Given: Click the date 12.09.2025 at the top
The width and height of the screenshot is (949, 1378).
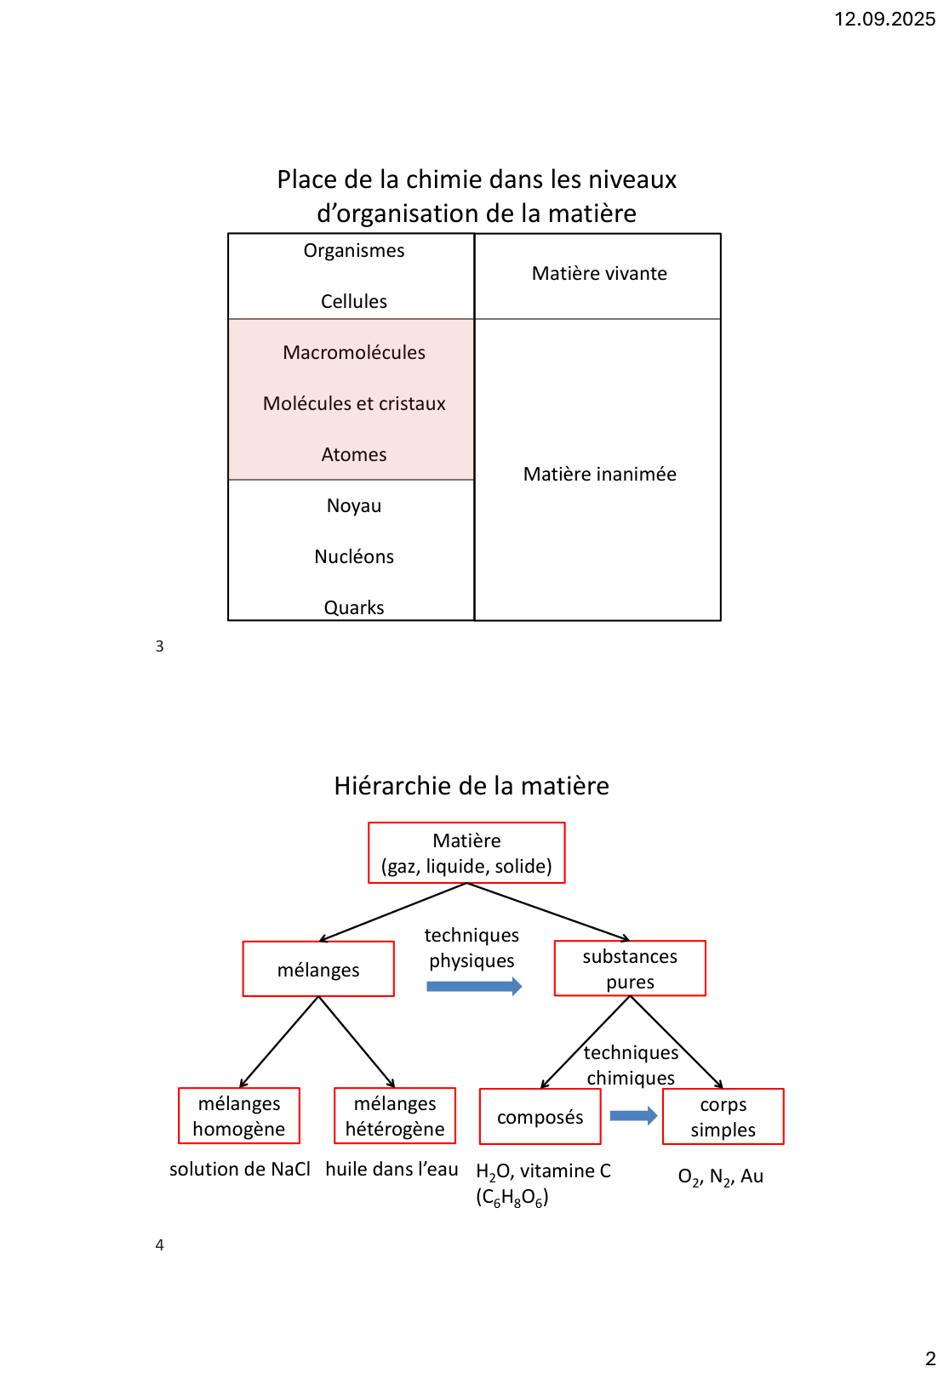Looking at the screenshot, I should pos(884,20).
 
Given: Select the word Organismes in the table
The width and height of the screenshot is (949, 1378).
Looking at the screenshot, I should pos(354,251).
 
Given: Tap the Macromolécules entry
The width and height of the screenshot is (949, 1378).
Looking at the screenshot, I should pos(354,353).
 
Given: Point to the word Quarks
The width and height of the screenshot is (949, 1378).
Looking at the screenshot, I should pos(354,607).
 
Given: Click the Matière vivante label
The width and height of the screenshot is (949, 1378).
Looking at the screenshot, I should pos(599,274).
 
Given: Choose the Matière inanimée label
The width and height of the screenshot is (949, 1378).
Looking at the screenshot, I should pos(599,475).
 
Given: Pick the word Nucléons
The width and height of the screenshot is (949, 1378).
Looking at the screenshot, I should pos(354,557).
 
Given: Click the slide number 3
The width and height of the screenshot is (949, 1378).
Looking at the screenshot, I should pos(159,646).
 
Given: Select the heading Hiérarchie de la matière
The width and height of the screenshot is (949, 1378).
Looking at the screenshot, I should pos(472,786).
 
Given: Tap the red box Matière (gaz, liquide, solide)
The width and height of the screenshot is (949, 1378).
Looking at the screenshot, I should pos(466,853).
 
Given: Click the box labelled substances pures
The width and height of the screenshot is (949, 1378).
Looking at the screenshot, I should pos(630,969).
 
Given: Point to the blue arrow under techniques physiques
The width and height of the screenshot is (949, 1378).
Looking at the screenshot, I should pos(474,987).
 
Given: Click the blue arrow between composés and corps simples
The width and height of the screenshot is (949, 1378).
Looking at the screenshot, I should pos(633,1116).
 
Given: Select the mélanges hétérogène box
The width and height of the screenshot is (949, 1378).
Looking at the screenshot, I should pos(395,1116).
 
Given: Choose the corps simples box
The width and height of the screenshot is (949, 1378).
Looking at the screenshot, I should pos(723,1117).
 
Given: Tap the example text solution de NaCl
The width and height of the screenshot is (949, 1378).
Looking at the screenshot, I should pos(240,1170).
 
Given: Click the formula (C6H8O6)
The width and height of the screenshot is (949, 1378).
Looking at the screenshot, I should pos(512,1198).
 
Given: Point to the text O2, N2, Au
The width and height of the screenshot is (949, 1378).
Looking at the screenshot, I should pos(720,1177).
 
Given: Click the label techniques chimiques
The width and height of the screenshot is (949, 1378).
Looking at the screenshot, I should pos(631,1066).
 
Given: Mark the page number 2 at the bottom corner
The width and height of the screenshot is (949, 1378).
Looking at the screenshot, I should pos(930,1358).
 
